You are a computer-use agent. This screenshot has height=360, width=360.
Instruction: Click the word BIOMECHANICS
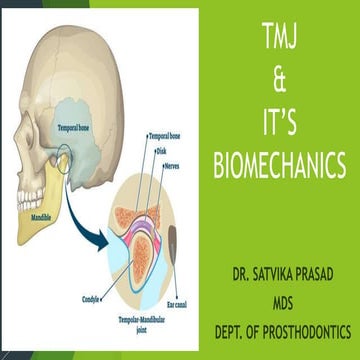pyautogui.click(x=277, y=163)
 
